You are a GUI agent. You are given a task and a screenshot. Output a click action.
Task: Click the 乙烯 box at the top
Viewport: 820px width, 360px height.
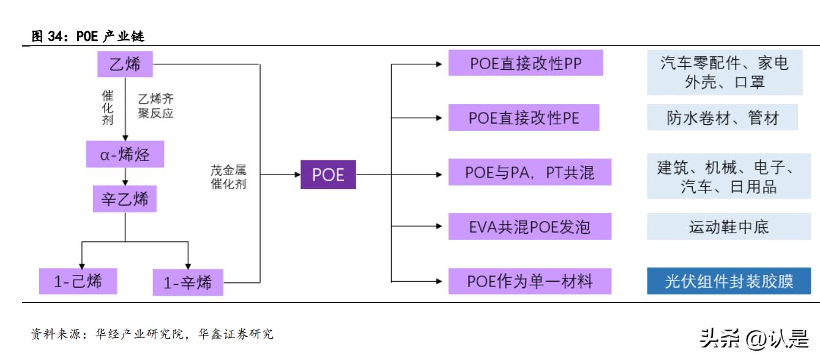coord(125,64)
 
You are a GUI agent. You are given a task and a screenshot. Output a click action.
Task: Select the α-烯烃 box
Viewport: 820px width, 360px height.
coord(125,154)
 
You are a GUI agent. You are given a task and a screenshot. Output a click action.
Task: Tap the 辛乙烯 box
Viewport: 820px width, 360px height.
coord(125,199)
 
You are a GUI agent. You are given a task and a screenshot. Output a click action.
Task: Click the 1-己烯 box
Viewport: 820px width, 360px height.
coord(78,282)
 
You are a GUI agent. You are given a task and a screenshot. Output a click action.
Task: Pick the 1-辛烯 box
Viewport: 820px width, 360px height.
coord(188,283)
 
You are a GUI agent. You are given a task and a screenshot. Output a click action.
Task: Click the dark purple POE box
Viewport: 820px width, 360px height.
coord(328,175)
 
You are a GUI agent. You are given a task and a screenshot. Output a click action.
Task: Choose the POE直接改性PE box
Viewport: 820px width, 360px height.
coord(523,118)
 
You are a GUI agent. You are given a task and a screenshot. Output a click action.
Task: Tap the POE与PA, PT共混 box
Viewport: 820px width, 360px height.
coord(529,173)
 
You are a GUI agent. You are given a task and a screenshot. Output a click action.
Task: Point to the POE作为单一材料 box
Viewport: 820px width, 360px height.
coord(529,281)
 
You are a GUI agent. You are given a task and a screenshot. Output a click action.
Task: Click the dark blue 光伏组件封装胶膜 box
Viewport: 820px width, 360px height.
coord(733,281)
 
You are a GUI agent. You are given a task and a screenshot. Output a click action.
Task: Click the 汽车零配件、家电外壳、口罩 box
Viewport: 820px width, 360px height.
coord(724,72)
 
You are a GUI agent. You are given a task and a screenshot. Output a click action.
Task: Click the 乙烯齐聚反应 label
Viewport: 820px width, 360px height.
coord(156,105)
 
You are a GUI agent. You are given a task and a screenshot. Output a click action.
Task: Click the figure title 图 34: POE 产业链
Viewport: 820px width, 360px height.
coord(87,37)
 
